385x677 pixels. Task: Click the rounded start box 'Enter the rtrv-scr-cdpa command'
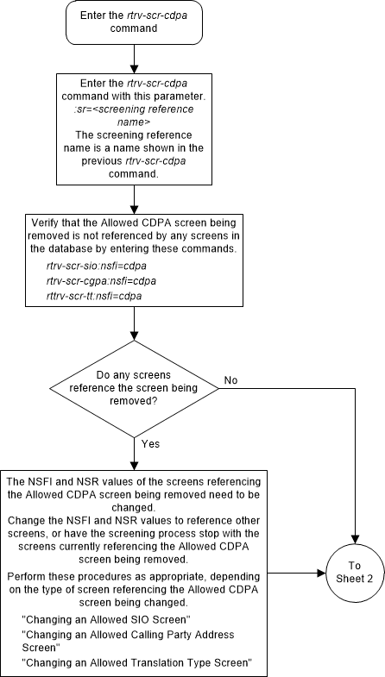point(133,22)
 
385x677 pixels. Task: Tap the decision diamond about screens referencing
point(133,389)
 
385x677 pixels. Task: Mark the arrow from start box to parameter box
point(133,57)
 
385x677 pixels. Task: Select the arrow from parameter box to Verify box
point(133,197)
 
